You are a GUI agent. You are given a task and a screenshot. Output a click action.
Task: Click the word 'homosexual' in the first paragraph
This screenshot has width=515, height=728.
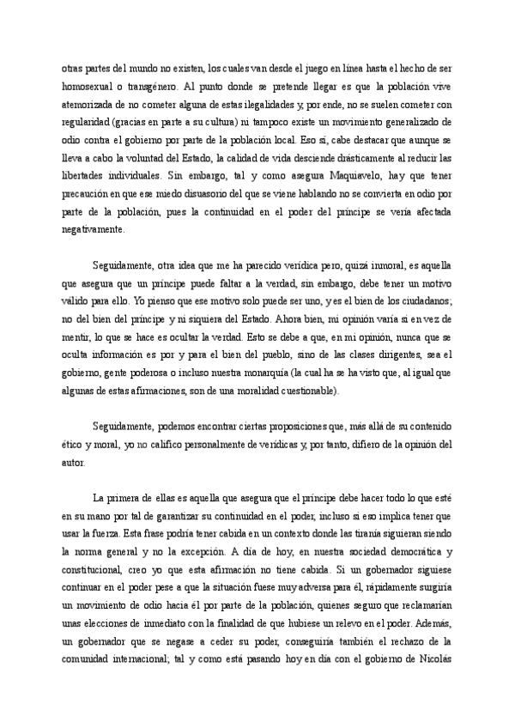click(x=90, y=87)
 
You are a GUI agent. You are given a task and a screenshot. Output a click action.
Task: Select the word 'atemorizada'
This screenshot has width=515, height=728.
click(x=90, y=106)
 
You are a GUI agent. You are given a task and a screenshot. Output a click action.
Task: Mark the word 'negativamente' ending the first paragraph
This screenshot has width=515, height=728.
click(x=94, y=231)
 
